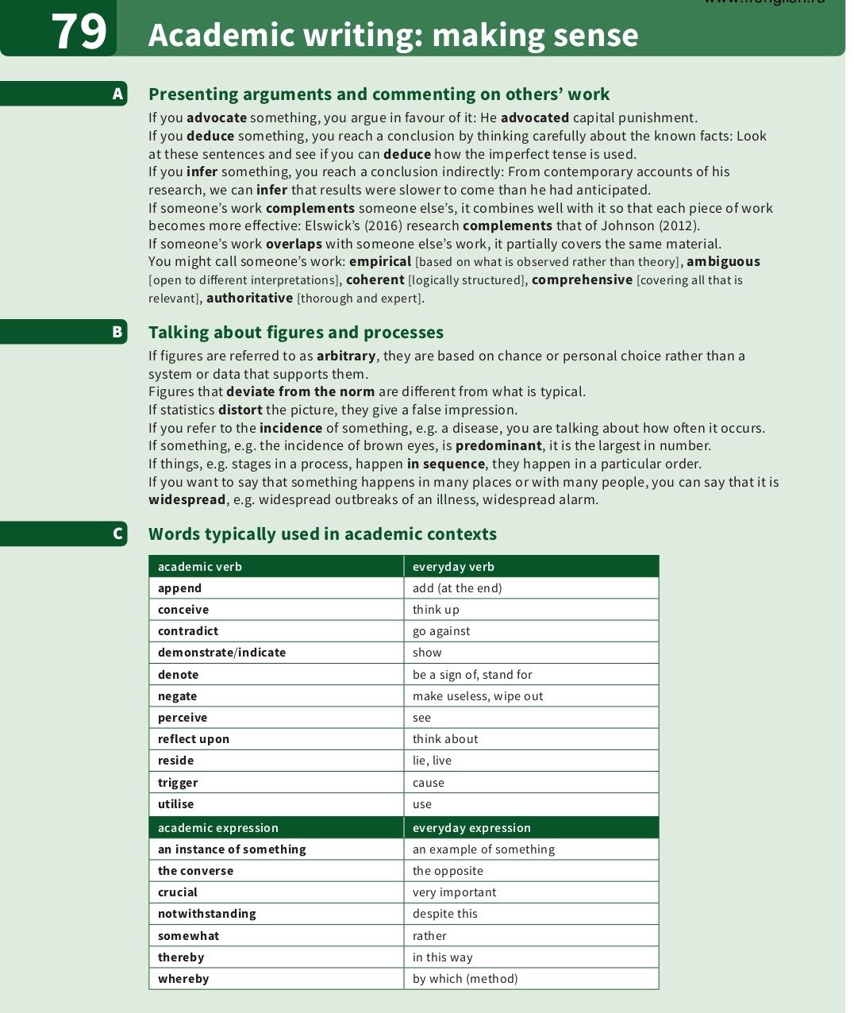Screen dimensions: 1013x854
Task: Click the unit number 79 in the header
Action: tap(79, 32)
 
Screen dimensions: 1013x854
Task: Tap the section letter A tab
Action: tap(117, 94)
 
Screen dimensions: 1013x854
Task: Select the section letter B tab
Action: tap(117, 332)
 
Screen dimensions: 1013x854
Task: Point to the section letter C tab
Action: tap(117, 533)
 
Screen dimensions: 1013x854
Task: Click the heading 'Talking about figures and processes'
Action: tap(295, 332)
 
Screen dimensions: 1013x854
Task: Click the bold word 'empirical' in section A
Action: tap(380, 261)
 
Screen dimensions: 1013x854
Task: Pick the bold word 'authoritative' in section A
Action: tap(249, 298)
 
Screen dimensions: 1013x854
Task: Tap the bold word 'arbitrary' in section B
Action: tap(346, 356)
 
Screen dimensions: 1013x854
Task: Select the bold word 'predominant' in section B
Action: tap(498, 445)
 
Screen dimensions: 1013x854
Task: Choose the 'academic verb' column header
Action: tap(200, 567)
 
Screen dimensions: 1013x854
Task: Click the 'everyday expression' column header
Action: tap(471, 827)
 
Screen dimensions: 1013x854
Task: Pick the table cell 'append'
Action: tap(180, 588)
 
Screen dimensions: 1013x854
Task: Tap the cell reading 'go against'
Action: tap(441, 631)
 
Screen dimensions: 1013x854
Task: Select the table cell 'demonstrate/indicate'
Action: tap(221, 653)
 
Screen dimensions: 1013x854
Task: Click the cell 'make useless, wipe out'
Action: tap(478, 696)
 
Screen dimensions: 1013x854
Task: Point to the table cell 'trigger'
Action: tap(178, 782)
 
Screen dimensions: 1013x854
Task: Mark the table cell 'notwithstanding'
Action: tap(206, 914)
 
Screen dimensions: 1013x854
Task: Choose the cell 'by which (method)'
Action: tap(465, 979)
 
